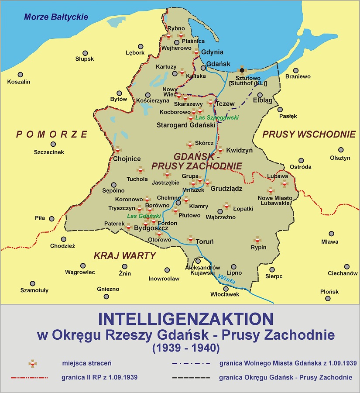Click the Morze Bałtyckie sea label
pyautogui.click(x=56, y=17)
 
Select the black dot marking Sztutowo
pyautogui.click(x=242, y=70)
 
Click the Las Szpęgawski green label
pyautogui.click(x=216, y=117)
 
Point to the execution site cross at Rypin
pyautogui.click(x=257, y=240)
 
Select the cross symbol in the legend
pyautogui.click(x=32, y=363)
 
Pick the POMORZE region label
pyautogui.click(x=52, y=134)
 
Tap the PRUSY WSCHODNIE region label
pyautogui.click(x=309, y=134)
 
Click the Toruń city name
pyautogui.click(x=205, y=241)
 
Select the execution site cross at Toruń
pyautogui.click(x=190, y=239)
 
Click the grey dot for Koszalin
pyautogui.click(x=20, y=75)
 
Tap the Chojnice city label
pyautogui.click(x=127, y=159)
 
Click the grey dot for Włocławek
pyautogui.click(x=226, y=288)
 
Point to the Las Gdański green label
pyautogui.click(x=144, y=216)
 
